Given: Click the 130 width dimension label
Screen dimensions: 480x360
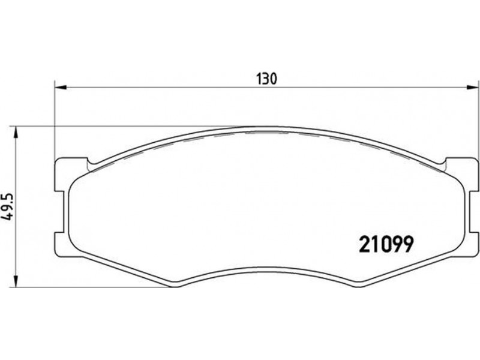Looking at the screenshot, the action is tap(266, 79).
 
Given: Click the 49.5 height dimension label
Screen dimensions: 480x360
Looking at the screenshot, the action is tap(7, 206).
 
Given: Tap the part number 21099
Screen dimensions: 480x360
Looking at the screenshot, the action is tap(386, 244).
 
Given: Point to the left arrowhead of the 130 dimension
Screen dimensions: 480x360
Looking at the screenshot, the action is tap(61, 88).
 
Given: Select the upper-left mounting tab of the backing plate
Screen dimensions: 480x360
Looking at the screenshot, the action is tap(71, 175).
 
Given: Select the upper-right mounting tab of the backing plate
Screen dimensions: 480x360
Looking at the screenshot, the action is tap(461, 175).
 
